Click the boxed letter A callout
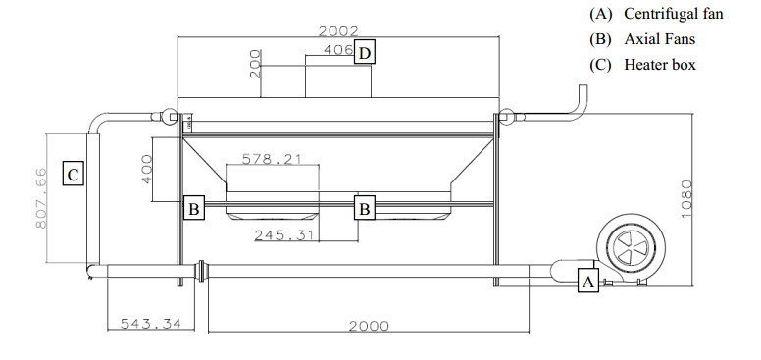587,281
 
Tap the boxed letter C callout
74,175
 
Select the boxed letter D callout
365,53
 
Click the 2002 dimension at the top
338,31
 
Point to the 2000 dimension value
369,326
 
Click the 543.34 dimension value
150,323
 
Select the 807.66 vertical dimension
41,198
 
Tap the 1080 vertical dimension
686,199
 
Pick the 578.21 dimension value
272,159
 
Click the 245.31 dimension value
285,235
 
